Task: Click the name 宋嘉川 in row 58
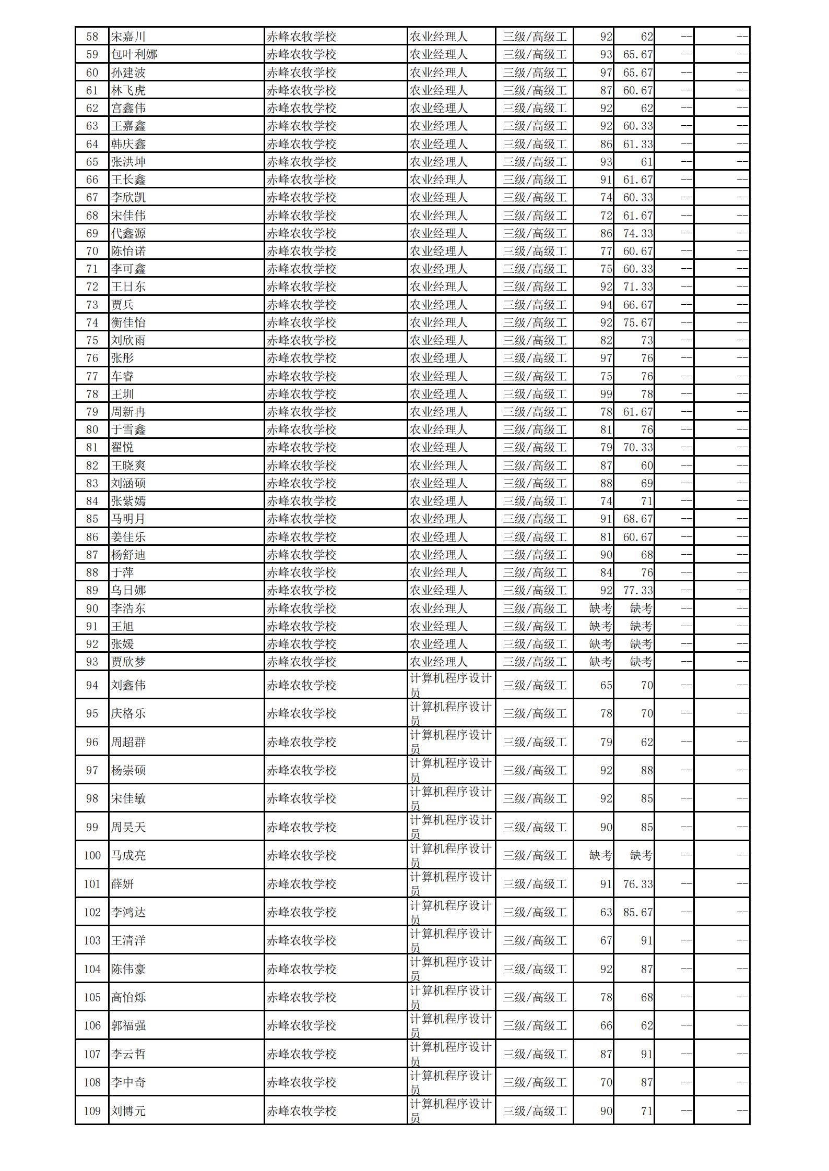(x=128, y=37)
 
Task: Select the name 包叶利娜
(x=134, y=54)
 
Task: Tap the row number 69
(x=92, y=233)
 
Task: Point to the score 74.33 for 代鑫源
(x=637, y=233)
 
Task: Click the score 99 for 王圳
(x=606, y=394)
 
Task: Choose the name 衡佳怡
(x=128, y=322)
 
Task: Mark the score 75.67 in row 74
(x=637, y=322)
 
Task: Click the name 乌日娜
(x=128, y=590)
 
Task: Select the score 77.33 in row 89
(x=637, y=590)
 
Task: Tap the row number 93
(x=92, y=662)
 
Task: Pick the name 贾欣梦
(x=128, y=662)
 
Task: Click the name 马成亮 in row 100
(x=128, y=855)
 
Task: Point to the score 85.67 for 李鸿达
(x=637, y=912)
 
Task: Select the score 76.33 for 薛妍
(x=637, y=884)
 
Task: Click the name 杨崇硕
(x=128, y=770)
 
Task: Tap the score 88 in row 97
(x=647, y=770)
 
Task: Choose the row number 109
(x=92, y=1111)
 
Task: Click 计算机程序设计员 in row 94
(x=451, y=685)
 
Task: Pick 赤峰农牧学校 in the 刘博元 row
(x=301, y=1111)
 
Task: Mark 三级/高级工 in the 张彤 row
(x=534, y=358)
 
